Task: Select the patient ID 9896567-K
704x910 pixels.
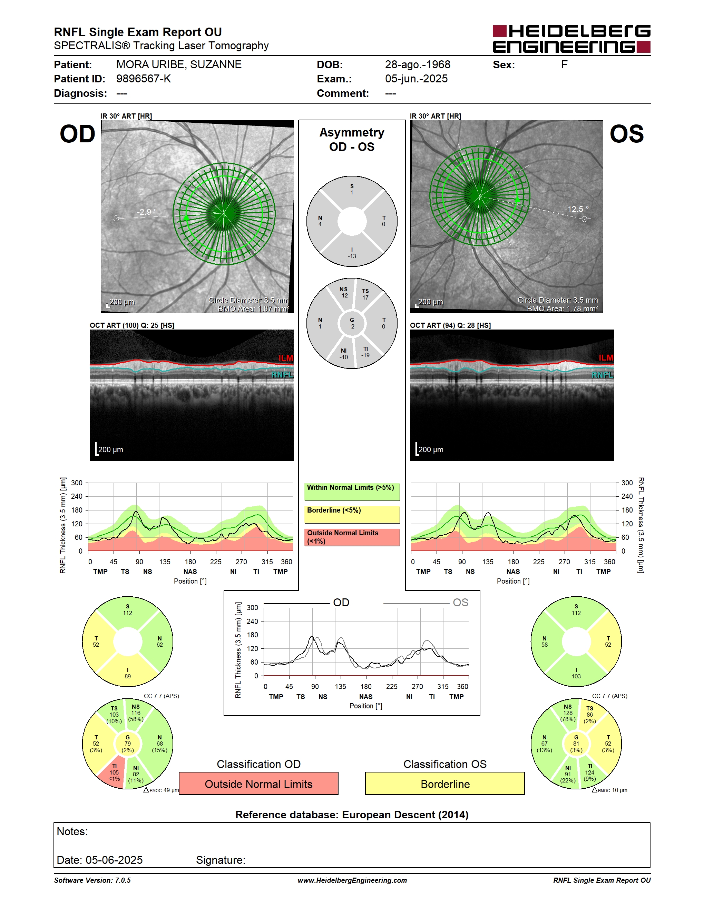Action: (144, 79)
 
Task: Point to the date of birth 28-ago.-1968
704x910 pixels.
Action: (418, 64)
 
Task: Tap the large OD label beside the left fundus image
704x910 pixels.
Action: (78, 134)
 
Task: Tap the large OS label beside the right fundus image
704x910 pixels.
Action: (626, 134)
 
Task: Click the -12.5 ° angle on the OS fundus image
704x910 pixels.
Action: (576, 209)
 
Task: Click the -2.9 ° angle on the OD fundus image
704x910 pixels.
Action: (147, 212)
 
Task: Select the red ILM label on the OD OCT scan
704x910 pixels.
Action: (286, 358)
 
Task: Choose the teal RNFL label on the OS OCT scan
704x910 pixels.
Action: (602, 375)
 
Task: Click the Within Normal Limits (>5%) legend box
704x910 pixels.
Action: (352, 492)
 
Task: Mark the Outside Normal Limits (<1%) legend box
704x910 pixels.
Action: (352, 537)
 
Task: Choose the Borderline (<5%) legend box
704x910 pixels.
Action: (352, 515)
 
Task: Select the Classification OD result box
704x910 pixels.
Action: (258, 784)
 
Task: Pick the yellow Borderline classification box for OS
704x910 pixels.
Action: (445, 784)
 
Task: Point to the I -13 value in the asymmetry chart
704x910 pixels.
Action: (352, 253)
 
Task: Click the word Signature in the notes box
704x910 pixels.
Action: (221, 860)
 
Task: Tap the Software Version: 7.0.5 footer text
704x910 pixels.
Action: (92, 880)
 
